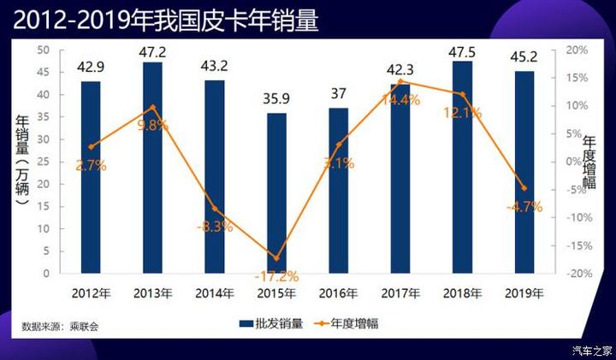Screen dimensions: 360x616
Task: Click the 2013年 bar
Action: [x=152, y=168]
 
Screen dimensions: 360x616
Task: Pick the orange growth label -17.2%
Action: [x=276, y=275]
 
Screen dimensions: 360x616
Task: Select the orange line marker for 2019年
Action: [x=524, y=188]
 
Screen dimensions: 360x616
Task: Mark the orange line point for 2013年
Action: [x=152, y=108]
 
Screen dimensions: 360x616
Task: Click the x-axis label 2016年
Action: [x=338, y=293]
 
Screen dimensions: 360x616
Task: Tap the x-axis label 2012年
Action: [x=91, y=293]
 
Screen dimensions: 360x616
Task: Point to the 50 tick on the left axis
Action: [x=43, y=50]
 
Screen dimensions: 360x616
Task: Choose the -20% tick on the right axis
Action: [x=577, y=274]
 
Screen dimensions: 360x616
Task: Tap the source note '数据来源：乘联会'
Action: [x=61, y=327]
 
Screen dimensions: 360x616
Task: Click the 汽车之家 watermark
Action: [x=592, y=349]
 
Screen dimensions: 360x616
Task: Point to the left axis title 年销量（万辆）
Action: [x=22, y=162]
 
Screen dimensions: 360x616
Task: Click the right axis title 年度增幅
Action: [x=589, y=162]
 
